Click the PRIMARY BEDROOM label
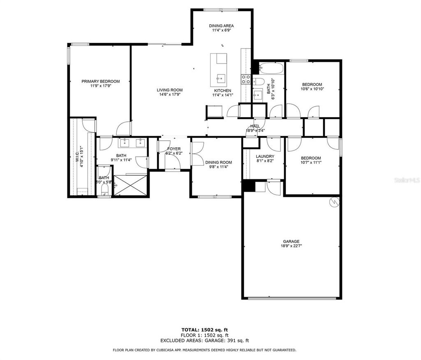100,81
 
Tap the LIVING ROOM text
169,90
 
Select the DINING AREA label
222,26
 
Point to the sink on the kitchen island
221,77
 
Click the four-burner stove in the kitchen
246,79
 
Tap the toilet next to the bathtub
258,81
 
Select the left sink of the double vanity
125,143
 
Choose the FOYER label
173,149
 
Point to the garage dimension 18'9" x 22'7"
291,246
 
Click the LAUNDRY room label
265,156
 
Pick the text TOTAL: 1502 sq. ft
204,330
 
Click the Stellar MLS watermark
405,180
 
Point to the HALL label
255,126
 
